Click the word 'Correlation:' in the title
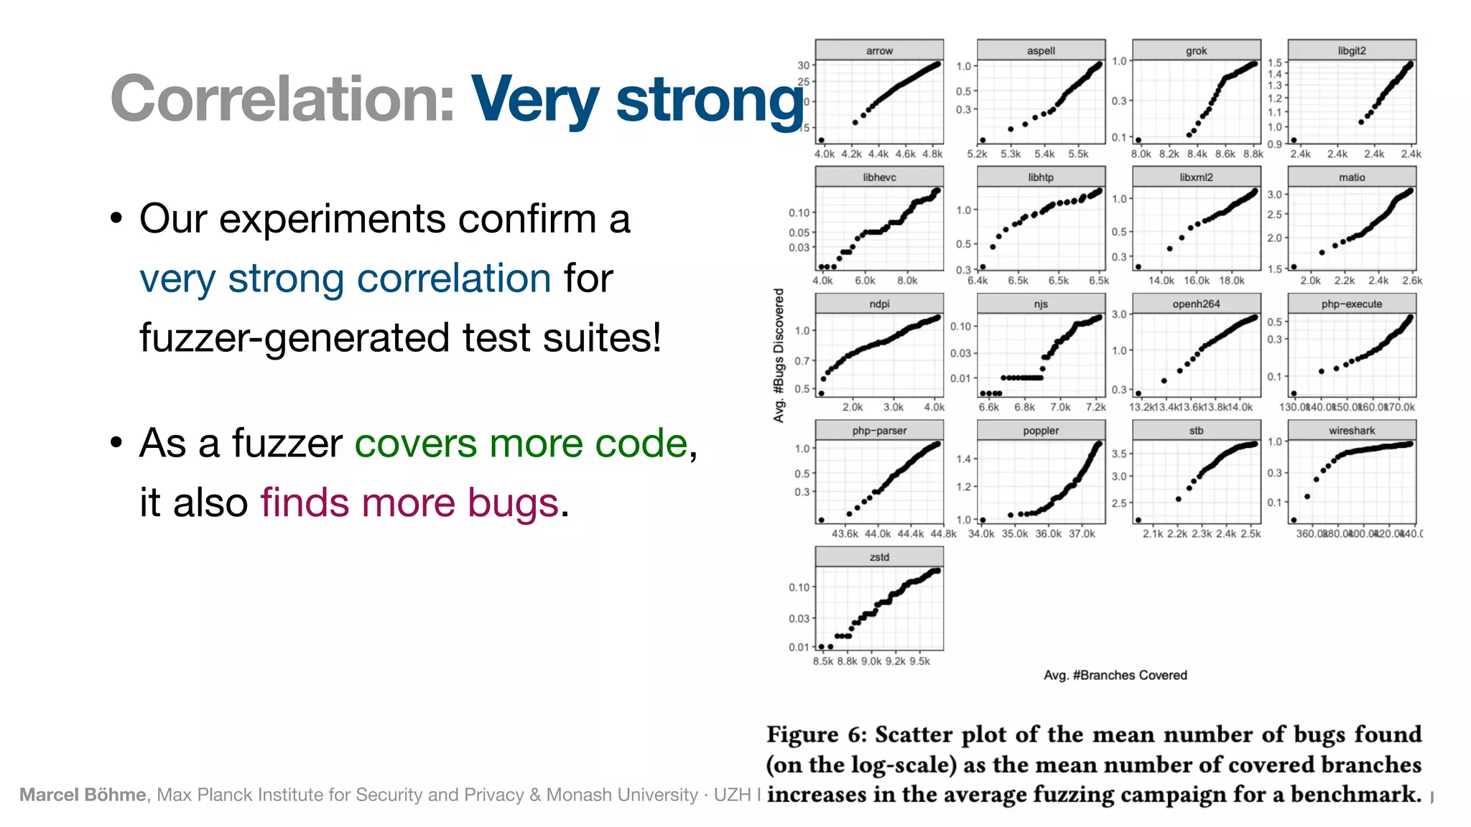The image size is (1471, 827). tap(282, 99)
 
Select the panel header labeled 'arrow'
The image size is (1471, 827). tap(879, 50)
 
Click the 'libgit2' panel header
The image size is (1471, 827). tap(1352, 50)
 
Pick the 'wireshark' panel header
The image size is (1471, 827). tap(1352, 431)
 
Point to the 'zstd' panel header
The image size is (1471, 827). tap(879, 557)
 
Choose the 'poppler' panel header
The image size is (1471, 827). tap(1041, 431)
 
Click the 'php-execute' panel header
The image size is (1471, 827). tap(1352, 304)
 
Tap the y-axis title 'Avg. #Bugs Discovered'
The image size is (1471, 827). tap(779, 355)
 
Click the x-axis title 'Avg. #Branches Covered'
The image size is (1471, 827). tap(1115, 675)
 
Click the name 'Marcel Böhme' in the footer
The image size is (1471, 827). tap(83, 795)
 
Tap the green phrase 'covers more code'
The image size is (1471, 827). tap(521, 443)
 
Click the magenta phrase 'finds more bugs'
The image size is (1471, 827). tap(409, 502)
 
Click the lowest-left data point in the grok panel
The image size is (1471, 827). tap(1138, 140)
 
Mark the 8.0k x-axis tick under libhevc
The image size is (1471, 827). tap(907, 281)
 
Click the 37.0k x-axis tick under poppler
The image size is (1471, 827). tap(1082, 534)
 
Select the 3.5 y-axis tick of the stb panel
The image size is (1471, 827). tap(1119, 454)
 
